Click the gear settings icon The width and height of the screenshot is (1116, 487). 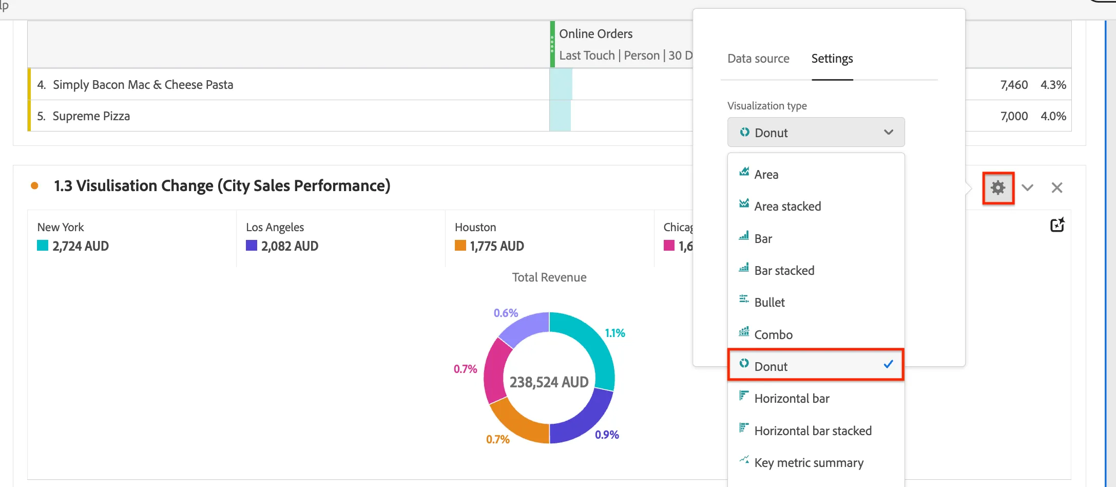tap(998, 188)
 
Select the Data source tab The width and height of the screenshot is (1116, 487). tap(758, 59)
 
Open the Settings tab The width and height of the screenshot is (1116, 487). tap(832, 59)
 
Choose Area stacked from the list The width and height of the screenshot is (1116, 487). tap(787, 206)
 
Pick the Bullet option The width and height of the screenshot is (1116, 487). tap(769, 302)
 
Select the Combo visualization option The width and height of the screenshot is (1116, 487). tap(773, 334)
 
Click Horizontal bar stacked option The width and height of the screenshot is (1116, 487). tap(813, 430)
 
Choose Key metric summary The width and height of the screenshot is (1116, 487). tap(809, 463)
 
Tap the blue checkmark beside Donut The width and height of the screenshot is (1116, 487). tap(889, 364)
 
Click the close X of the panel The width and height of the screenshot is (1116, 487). tap(1057, 188)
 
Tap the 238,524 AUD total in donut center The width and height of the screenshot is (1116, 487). tap(549, 382)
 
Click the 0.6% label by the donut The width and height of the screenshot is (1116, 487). tap(506, 313)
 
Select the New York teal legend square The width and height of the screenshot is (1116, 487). tap(43, 246)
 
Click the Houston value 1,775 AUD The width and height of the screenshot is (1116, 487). tap(497, 246)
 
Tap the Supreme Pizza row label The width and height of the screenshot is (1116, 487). tap(91, 116)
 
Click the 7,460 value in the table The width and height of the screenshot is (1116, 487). tap(1014, 85)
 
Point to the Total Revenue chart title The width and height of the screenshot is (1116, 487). tap(549, 277)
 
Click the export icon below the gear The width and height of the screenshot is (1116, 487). tap(1057, 225)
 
